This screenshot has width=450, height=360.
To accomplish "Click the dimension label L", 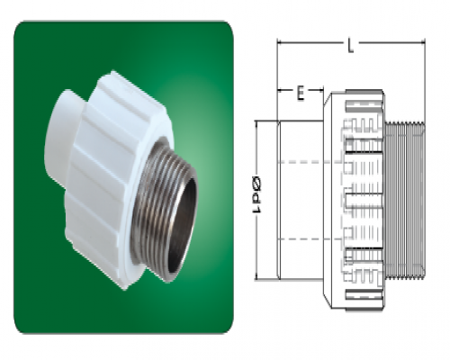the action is tap(350, 46).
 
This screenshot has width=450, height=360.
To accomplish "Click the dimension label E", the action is tap(301, 93).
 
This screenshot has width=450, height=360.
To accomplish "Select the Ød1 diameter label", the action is tap(257, 194).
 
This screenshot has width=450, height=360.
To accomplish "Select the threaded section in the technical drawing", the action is tap(404, 201).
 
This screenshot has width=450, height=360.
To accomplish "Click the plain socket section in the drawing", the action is tap(300, 201).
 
